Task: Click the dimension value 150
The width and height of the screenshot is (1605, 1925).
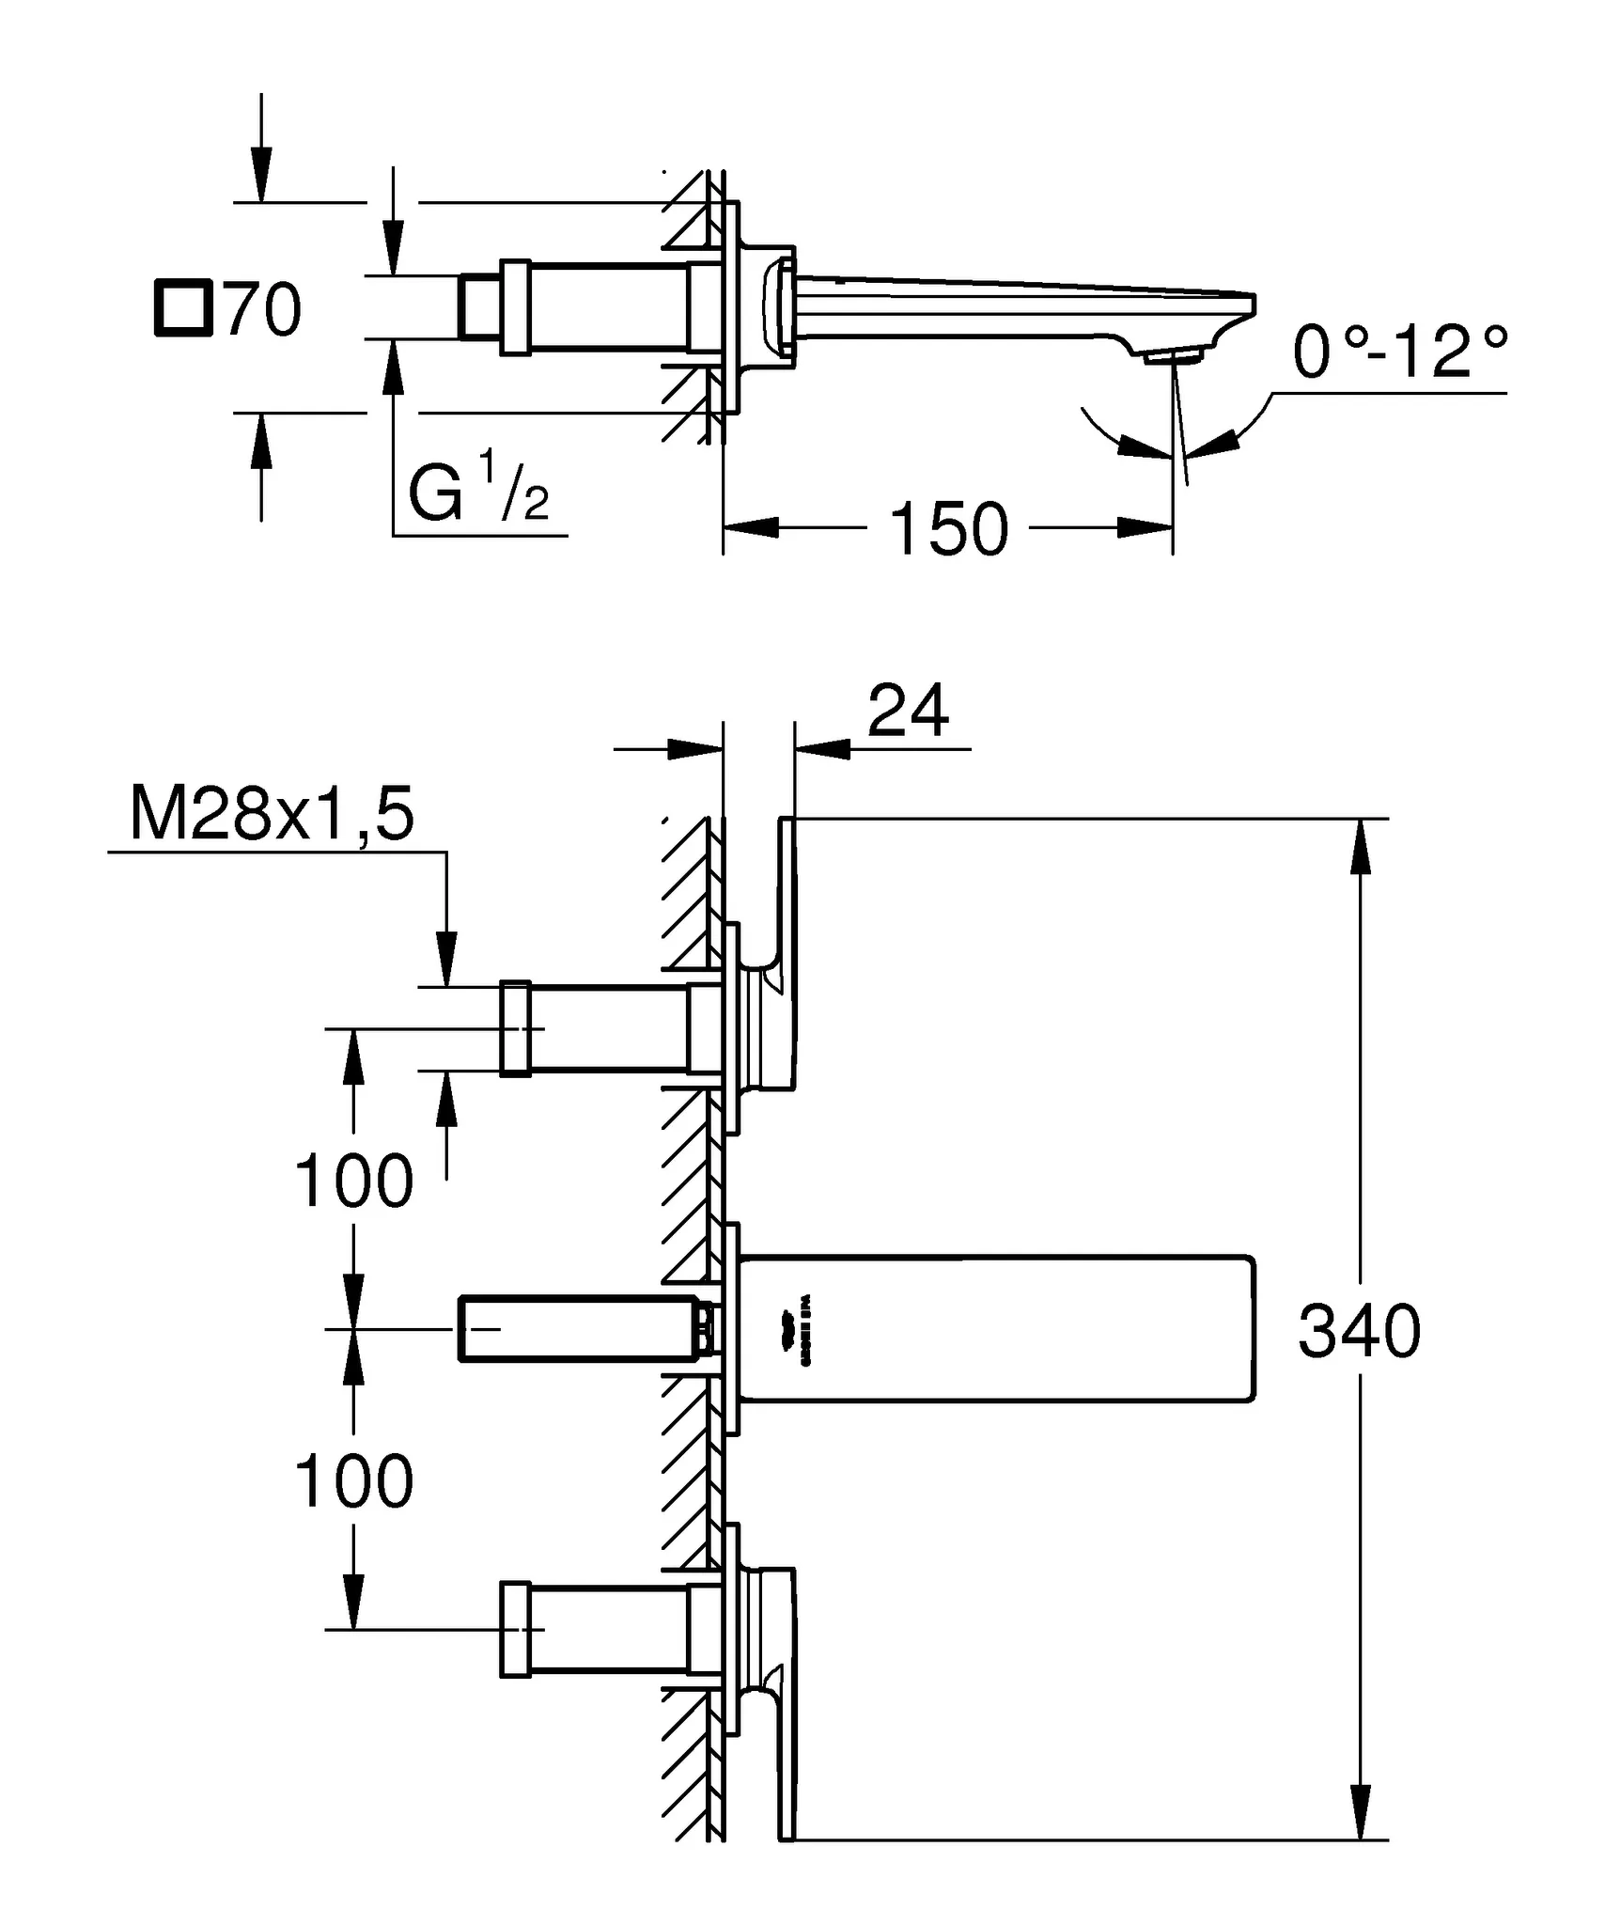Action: click(948, 529)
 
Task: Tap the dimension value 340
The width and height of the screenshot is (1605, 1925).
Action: click(1359, 1332)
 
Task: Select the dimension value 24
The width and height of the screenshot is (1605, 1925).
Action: click(908, 712)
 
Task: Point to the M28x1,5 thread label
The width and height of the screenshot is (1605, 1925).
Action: click(272, 815)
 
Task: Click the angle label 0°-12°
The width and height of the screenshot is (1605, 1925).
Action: click(1400, 352)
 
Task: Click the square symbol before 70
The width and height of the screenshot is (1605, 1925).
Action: click(180, 307)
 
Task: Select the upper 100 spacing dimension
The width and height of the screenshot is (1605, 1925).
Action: click(353, 1182)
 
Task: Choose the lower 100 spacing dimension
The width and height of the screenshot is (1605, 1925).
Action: click(353, 1481)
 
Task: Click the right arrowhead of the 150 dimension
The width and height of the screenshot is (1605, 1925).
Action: click(1145, 528)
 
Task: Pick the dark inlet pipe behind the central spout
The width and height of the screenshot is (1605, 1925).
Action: click(579, 1328)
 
